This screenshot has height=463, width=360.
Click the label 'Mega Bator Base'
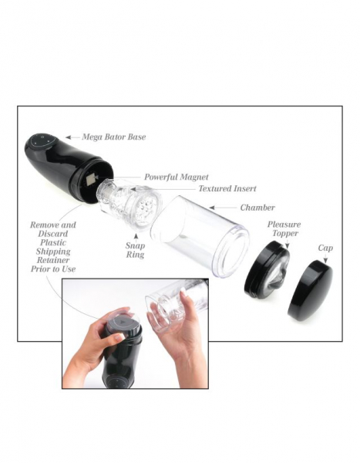[x=114, y=137]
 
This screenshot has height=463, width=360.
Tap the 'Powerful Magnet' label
[x=177, y=177]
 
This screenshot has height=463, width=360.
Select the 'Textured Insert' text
[x=227, y=189]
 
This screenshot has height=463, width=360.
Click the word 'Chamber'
[x=257, y=208]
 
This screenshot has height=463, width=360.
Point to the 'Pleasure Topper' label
[x=284, y=229]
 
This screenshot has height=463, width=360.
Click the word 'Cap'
[x=325, y=248]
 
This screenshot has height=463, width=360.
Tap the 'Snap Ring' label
[x=135, y=250]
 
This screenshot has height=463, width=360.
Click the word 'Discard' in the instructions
[x=53, y=234]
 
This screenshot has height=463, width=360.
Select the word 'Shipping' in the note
[x=53, y=252]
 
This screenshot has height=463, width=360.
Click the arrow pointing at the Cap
[x=325, y=259]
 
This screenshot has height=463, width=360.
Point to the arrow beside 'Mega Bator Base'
[x=72, y=137]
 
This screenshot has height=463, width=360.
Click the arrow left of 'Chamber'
[x=223, y=208]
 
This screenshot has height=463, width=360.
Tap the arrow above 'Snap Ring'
[x=136, y=237]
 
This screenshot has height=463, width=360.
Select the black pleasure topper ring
[x=267, y=269]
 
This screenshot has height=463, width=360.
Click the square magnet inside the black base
[x=89, y=180]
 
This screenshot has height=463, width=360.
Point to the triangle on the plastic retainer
[x=122, y=320]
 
